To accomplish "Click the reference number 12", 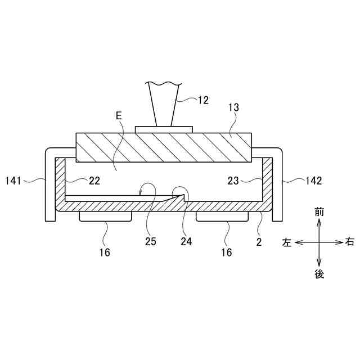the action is [202, 100].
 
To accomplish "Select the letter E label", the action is [118, 116].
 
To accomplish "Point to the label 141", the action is [14, 181].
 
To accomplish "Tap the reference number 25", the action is [150, 241].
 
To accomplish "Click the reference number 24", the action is [186, 241].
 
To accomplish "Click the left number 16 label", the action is [105, 253].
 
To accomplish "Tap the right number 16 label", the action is [226, 253].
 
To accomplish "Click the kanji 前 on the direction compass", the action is [319, 211].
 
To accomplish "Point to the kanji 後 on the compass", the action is [319, 274].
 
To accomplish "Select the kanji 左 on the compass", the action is [287, 242].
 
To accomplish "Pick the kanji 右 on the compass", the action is [350, 242].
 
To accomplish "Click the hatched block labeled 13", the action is [163, 147].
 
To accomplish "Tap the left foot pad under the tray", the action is [105, 217].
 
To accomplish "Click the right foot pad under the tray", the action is [222, 217].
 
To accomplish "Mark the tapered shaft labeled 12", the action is [163, 104].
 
